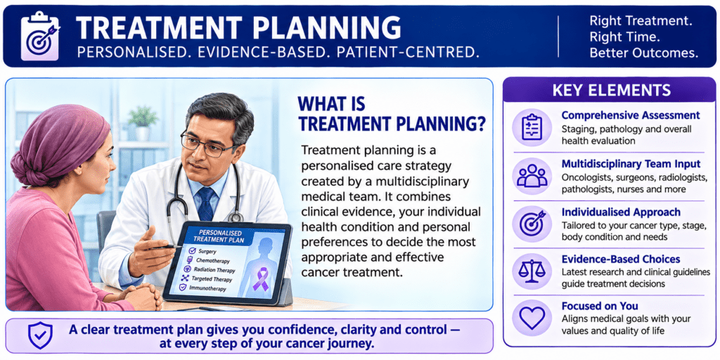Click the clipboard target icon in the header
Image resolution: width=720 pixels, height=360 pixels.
click(39, 36)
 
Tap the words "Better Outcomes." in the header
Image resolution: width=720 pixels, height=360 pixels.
click(643, 53)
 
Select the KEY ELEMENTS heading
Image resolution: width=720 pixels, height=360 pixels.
click(611, 89)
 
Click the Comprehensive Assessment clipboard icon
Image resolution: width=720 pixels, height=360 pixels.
click(532, 127)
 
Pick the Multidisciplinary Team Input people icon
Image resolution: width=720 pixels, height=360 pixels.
click(532, 175)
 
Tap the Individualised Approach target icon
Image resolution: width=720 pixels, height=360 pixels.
click(532, 224)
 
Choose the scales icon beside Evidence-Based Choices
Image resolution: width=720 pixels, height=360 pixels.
click(532, 271)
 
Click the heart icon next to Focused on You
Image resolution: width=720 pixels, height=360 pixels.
click(532, 318)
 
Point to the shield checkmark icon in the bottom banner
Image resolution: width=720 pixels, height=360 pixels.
click(40, 335)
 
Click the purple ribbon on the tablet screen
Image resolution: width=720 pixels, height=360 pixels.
click(260, 280)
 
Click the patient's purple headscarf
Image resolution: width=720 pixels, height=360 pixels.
click(58, 143)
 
